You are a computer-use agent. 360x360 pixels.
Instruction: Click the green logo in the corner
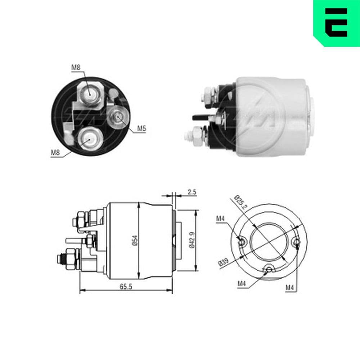click(337, 23)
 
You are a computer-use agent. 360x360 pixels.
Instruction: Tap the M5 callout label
click(141, 128)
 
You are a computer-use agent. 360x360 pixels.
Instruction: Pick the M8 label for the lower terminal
click(55, 152)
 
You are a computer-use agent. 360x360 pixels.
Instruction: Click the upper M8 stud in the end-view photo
click(89, 94)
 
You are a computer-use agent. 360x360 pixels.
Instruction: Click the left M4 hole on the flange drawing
click(242, 241)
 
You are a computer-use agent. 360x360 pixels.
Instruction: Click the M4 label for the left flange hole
click(221, 218)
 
